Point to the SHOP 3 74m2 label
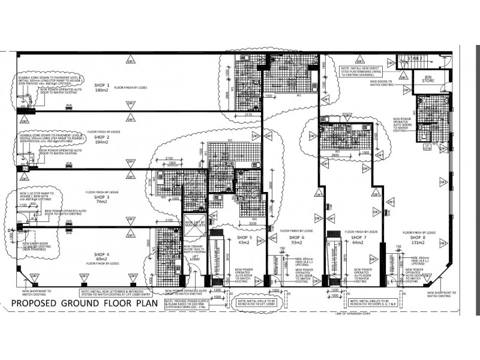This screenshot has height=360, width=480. pyautogui.click(x=101, y=199)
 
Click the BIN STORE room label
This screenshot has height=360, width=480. pyautogui.click(x=428, y=79)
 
